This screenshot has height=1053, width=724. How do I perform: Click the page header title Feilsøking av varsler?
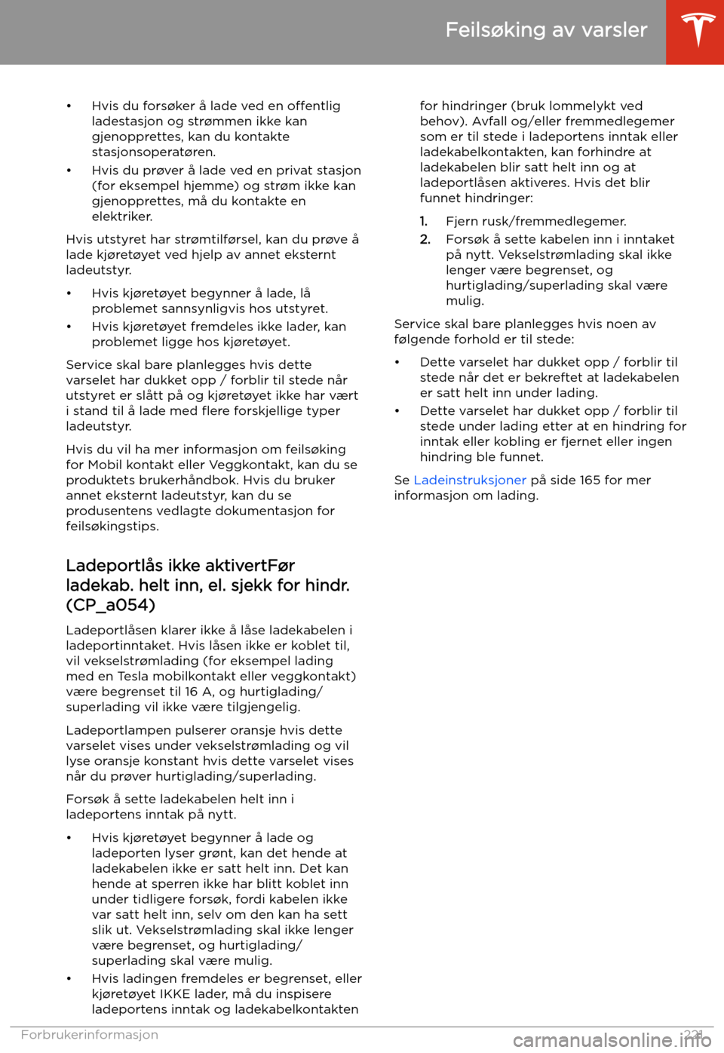[546, 30]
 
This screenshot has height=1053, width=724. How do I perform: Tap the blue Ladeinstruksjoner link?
[470, 480]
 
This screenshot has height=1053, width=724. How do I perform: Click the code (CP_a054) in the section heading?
[111, 605]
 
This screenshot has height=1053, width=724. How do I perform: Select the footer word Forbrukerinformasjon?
[90, 1035]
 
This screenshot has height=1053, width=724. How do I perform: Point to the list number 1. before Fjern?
[424, 222]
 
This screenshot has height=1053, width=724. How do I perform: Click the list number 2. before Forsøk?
[425, 240]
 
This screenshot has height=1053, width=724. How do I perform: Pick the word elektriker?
[122, 216]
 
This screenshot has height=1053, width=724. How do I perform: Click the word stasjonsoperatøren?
[154, 152]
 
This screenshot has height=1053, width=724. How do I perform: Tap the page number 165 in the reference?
[590, 480]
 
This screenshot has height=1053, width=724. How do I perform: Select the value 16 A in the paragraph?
[201, 692]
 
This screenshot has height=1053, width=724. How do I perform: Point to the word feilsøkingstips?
[112, 526]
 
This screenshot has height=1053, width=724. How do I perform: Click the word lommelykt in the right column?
[579, 106]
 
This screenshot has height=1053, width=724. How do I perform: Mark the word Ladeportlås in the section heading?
[115, 566]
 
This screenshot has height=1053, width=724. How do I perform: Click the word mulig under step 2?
[465, 301]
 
